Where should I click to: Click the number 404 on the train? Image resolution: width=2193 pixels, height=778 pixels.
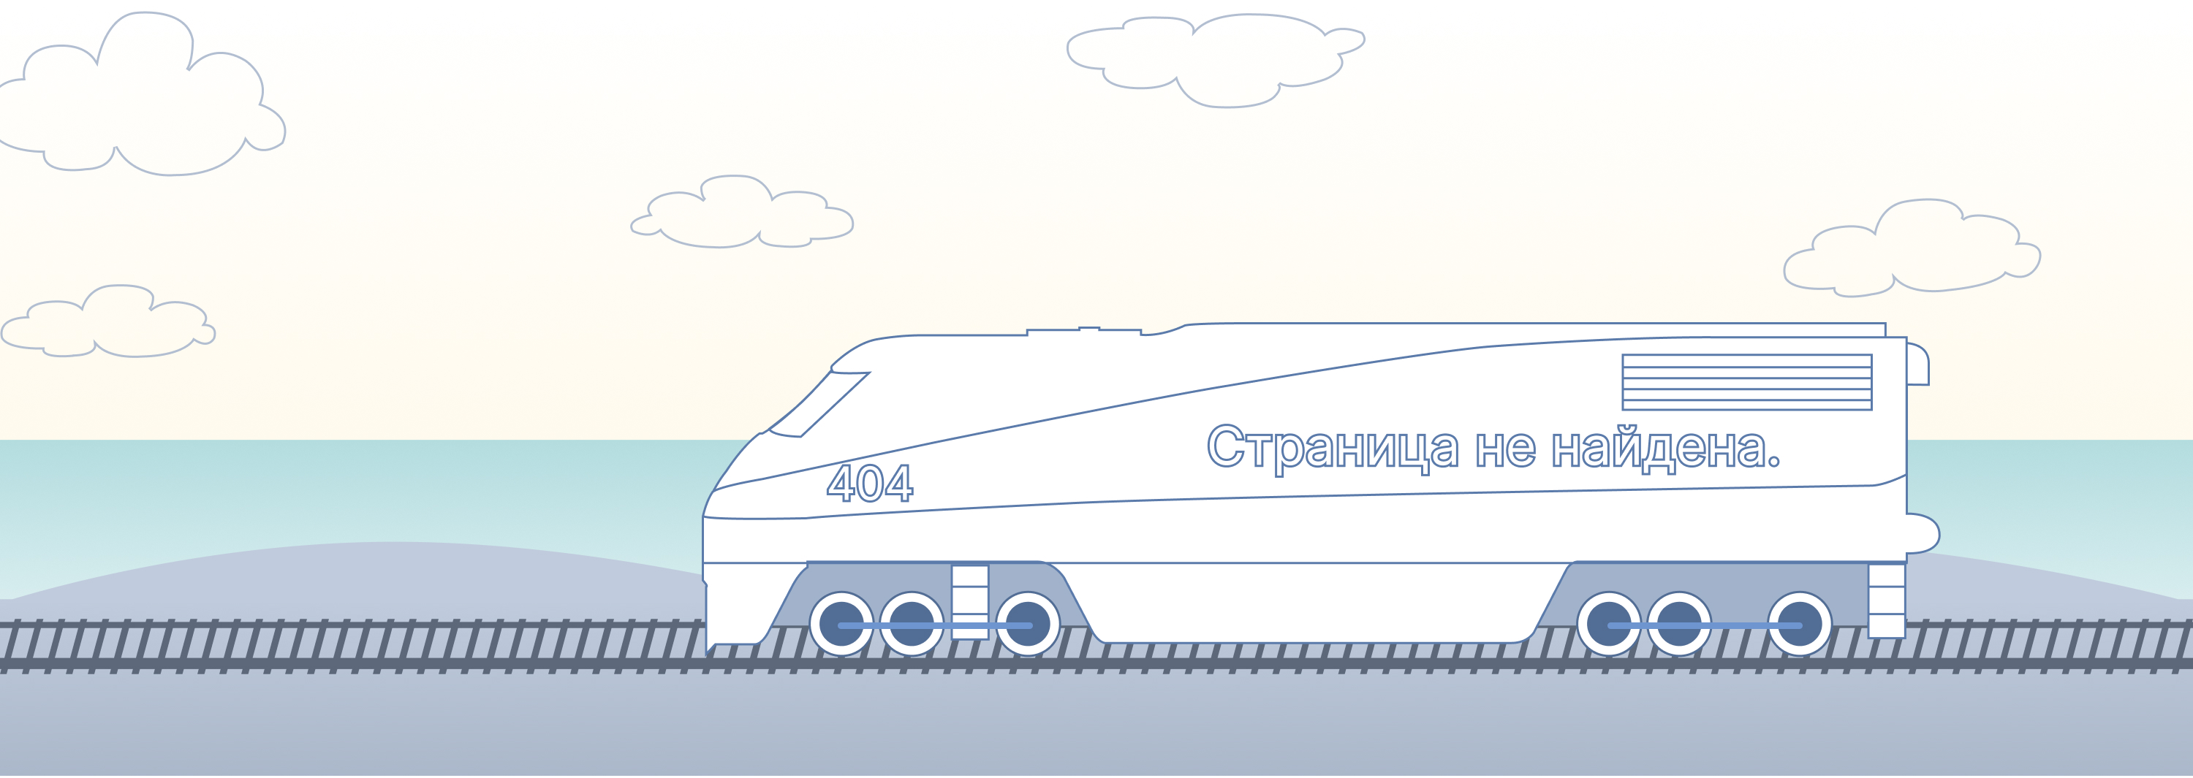click(x=869, y=483)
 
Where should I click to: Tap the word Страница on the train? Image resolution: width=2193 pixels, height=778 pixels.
click(x=1333, y=448)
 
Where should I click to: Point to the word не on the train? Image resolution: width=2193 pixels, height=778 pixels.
click(x=1505, y=449)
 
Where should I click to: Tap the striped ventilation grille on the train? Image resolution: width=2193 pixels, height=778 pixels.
click(x=1747, y=382)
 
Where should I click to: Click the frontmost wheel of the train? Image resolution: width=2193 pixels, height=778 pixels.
click(x=841, y=624)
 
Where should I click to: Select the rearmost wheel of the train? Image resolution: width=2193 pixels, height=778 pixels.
click(x=1800, y=624)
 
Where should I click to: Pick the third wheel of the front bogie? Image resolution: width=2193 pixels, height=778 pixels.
click(x=1028, y=624)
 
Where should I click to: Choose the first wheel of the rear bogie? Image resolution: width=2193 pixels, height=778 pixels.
click(x=1609, y=624)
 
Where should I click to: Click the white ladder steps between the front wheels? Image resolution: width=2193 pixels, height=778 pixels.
click(x=969, y=601)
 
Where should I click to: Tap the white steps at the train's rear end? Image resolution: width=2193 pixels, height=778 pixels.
click(x=1887, y=600)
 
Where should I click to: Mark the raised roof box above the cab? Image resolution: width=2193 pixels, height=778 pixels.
click(x=1084, y=331)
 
